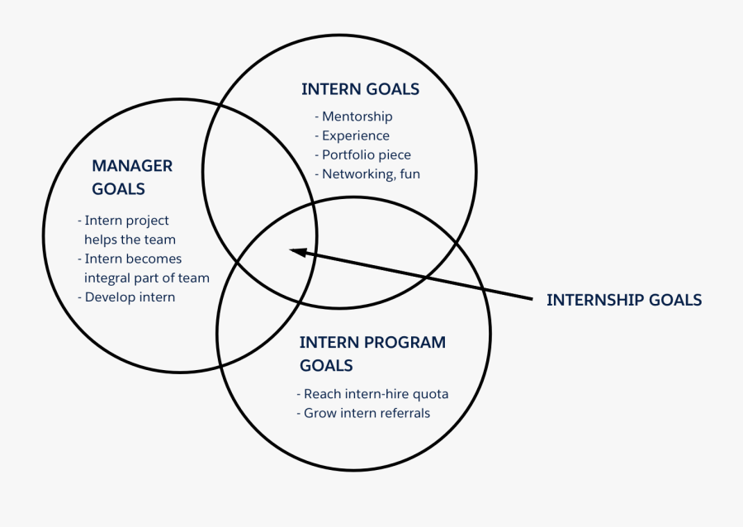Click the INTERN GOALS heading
click(360, 89)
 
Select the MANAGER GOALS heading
click(132, 177)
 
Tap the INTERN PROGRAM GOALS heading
click(372, 354)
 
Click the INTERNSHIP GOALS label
click(624, 300)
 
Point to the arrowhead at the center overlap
click(296, 251)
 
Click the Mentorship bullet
click(353, 116)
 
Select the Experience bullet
click(352, 135)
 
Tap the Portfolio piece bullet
click(362, 154)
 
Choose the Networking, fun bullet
click(367, 173)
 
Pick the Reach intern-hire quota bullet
click(371, 394)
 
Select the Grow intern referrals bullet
click(362, 413)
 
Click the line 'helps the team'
click(130, 240)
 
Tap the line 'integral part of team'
click(146, 278)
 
